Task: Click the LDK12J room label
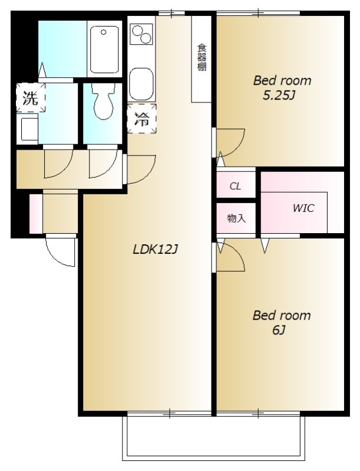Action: (x=156, y=249)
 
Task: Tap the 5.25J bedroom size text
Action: (x=278, y=95)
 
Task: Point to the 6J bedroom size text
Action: (x=279, y=330)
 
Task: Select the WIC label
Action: (x=303, y=208)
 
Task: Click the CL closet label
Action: (x=235, y=186)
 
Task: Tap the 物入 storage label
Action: (x=236, y=218)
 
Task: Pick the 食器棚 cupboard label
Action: (x=202, y=57)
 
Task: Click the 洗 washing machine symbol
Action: (x=31, y=98)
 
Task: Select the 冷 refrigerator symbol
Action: (x=141, y=119)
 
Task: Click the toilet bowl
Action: (x=103, y=102)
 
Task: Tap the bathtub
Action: (x=104, y=49)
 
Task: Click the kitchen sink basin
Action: (x=141, y=84)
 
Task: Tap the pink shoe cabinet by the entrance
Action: (x=36, y=214)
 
